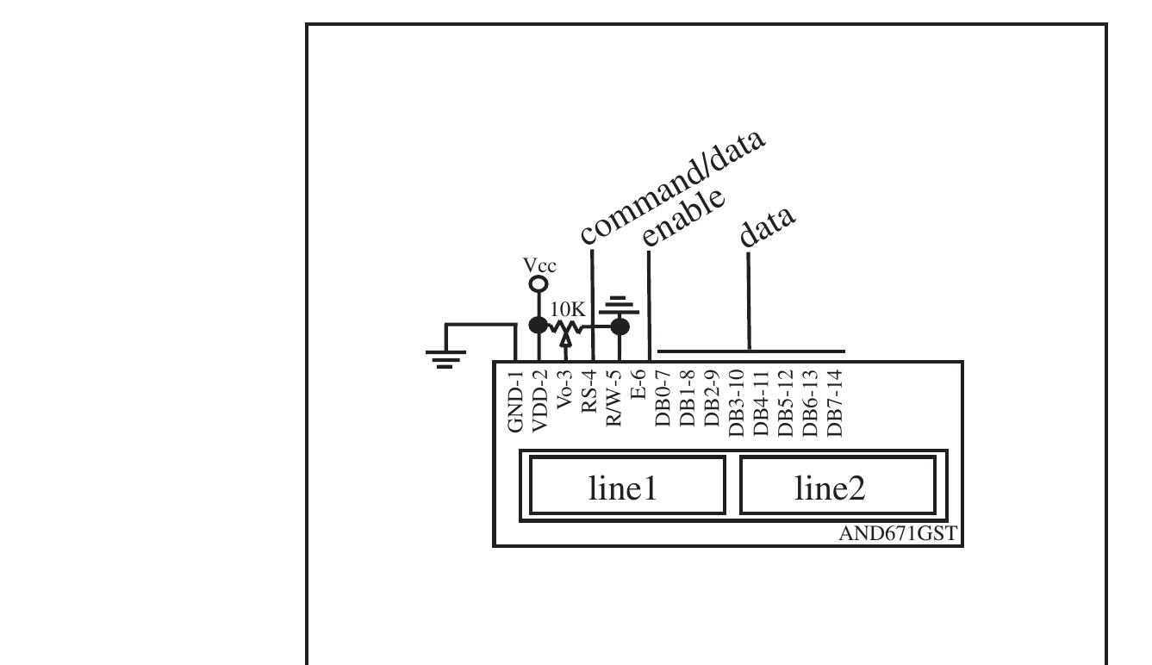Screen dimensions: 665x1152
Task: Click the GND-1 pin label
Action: point(515,401)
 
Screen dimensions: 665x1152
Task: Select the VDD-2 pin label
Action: point(539,401)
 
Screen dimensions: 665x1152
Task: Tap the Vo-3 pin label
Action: point(564,396)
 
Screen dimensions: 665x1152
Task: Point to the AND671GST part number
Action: point(897,535)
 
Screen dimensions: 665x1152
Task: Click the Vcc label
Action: point(540,266)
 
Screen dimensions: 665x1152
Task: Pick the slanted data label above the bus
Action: point(768,226)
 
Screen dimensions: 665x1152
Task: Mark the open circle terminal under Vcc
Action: point(539,283)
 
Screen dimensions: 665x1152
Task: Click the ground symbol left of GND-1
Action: point(445,356)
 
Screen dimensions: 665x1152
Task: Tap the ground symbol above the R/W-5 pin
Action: point(620,305)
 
